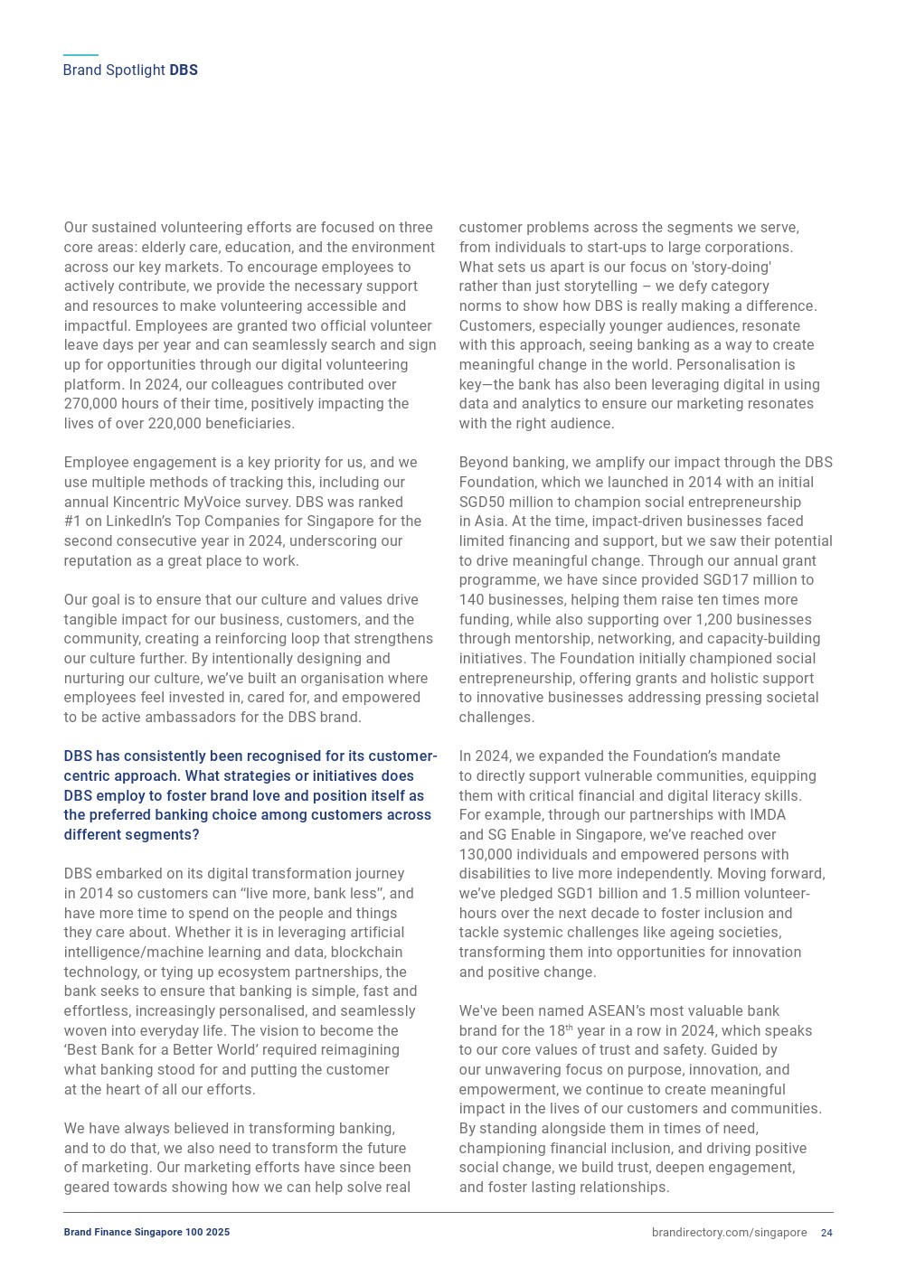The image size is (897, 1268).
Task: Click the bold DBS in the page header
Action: [x=184, y=70]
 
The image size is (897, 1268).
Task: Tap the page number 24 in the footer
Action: [x=826, y=1233]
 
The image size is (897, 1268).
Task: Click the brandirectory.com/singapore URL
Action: [x=729, y=1233]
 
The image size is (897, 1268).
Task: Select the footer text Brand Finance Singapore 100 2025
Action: [x=146, y=1232]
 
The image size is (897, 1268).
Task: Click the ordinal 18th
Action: [x=560, y=1031]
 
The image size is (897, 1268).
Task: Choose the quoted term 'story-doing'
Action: [x=732, y=268]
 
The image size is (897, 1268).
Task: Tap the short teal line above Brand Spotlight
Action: [x=80, y=55]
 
